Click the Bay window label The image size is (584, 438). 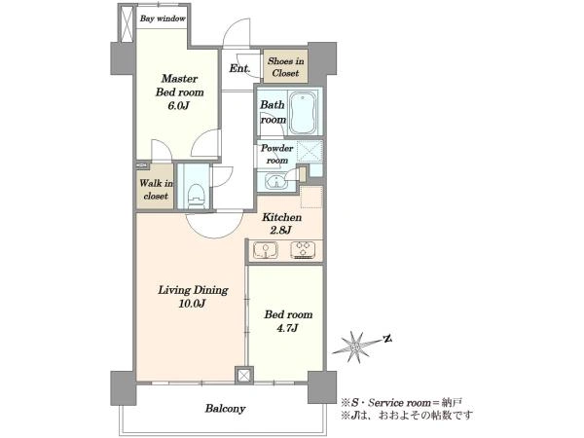point(163,18)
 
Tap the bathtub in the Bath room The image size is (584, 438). point(304,113)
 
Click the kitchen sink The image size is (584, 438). point(266,250)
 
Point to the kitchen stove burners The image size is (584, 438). point(303,250)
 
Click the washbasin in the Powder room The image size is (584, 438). point(276,182)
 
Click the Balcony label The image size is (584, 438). point(225,409)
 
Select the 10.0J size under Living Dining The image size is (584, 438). point(192,304)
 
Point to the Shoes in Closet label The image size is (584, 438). point(285,66)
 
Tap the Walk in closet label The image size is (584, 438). point(156,189)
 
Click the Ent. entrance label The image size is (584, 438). point(239,68)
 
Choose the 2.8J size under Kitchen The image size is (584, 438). point(280,230)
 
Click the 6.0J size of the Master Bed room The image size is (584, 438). point(179,106)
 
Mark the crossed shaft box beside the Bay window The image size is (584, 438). point(127,23)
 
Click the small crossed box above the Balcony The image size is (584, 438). point(244,376)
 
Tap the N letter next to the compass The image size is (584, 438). point(387,338)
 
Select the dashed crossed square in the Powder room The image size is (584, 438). point(310,152)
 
